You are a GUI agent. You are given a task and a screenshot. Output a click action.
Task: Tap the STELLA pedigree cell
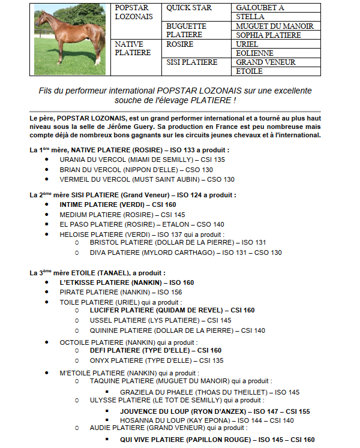[250, 17]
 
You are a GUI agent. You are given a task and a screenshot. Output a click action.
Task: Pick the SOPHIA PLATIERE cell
[268, 35]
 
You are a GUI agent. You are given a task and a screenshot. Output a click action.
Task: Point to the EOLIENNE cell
[255, 53]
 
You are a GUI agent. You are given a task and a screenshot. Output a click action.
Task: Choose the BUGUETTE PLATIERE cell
[186, 31]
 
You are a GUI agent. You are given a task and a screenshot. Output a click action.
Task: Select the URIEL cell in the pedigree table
[247, 44]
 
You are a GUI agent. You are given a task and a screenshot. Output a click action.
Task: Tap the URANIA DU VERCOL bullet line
[142, 160]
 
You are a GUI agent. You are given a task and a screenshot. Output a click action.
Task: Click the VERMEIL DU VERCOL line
[146, 179]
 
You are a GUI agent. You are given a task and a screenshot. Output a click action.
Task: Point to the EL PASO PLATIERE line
[142, 224]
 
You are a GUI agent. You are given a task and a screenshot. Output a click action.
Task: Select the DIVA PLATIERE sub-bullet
[185, 252]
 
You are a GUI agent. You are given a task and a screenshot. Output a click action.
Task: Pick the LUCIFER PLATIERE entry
[172, 311]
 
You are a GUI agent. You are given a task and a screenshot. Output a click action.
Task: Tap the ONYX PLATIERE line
[156, 360]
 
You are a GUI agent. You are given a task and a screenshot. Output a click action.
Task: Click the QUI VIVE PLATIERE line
[217, 440]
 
